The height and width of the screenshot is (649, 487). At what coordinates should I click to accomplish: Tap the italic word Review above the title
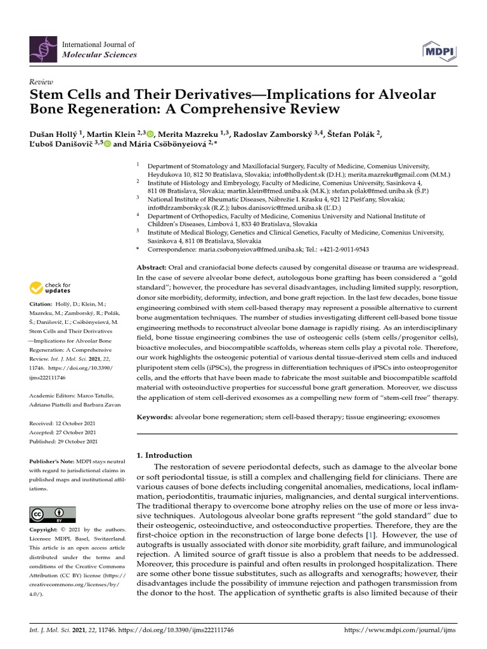[41, 82]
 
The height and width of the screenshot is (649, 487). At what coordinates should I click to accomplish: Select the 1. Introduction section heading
[164, 455]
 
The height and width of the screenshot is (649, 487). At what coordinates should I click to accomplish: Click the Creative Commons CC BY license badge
[53, 513]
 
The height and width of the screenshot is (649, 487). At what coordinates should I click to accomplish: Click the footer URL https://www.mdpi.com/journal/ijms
[399, 631]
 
